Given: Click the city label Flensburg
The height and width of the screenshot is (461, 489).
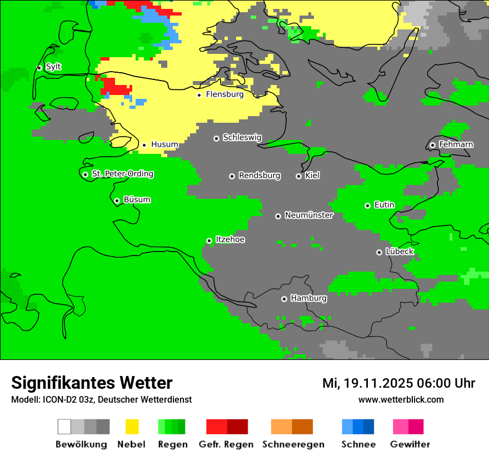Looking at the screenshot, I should [x=224, y=94].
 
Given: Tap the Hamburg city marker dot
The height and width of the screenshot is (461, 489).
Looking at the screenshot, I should [x=284, y=299].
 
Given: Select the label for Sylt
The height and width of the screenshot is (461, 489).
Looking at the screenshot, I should [x=53, y=67].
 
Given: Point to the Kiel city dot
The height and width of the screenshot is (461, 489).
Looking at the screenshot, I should [x=298, y=176].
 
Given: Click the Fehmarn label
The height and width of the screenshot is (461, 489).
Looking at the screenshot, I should [x=456, y=144].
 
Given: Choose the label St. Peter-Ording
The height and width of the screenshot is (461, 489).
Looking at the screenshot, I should [x=122, y=174].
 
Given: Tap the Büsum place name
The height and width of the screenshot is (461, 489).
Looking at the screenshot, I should [x=137, y=200].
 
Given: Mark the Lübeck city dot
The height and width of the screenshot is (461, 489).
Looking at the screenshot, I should [x=379, y=252].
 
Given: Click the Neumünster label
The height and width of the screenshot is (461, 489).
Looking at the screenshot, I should [x=309, y=215].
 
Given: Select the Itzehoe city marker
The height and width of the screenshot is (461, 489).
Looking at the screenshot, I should [x=209, y=240].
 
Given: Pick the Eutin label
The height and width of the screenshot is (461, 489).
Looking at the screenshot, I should [x=384, y=205].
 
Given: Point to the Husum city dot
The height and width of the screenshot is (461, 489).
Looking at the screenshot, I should [x=144, y=145].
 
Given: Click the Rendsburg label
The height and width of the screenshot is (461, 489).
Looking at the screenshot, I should [x=260, y=176].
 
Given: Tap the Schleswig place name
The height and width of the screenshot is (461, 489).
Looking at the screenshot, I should [x=242, y=138].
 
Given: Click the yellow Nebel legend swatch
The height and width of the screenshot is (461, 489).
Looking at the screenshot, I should [x=132, y=427].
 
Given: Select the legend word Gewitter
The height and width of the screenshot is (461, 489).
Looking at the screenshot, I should [x=410, y=444].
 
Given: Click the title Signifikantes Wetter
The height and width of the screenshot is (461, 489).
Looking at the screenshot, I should [x=92, y=383].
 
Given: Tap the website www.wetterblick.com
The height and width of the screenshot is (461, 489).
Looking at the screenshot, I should [x=401, y=399].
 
